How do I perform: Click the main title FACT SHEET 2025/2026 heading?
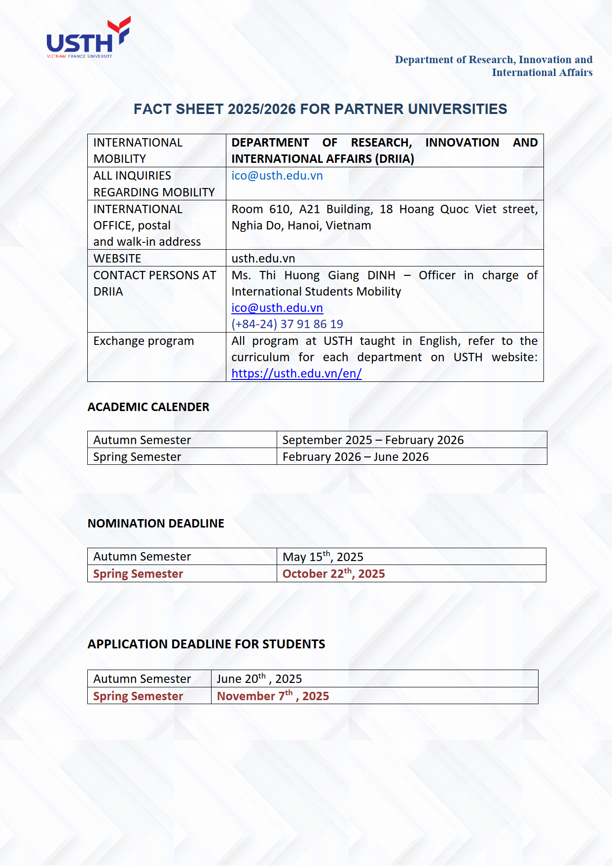(x=320, y=109)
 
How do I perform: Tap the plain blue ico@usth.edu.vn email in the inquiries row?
(x=277, y=176)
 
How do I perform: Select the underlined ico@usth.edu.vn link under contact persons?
(x=277, y=308)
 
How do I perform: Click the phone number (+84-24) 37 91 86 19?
(x=287, y=324)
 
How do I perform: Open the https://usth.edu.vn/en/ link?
(x=296, y=374)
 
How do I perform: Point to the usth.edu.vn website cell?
(x=263, y=259)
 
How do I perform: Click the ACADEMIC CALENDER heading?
(x=148, y=407)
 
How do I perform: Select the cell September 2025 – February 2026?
(x=373, y=440)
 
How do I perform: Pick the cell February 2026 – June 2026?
(x=356, y=457)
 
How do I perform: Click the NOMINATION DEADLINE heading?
(x=156, y=524)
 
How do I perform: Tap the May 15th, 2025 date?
(x=323, y=557)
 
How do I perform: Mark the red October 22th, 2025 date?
(x=333, y=574)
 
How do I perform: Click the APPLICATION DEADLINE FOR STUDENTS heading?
(x=206, y=644)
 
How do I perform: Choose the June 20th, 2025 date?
(x=259, y=679)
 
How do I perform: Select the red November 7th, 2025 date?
(x=273, y=696)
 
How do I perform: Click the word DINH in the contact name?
(x=381, y=275)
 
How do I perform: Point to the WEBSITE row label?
(x=117, y=259)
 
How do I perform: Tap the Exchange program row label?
(x=144, y=341)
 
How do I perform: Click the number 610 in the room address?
(x=280, y=209)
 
